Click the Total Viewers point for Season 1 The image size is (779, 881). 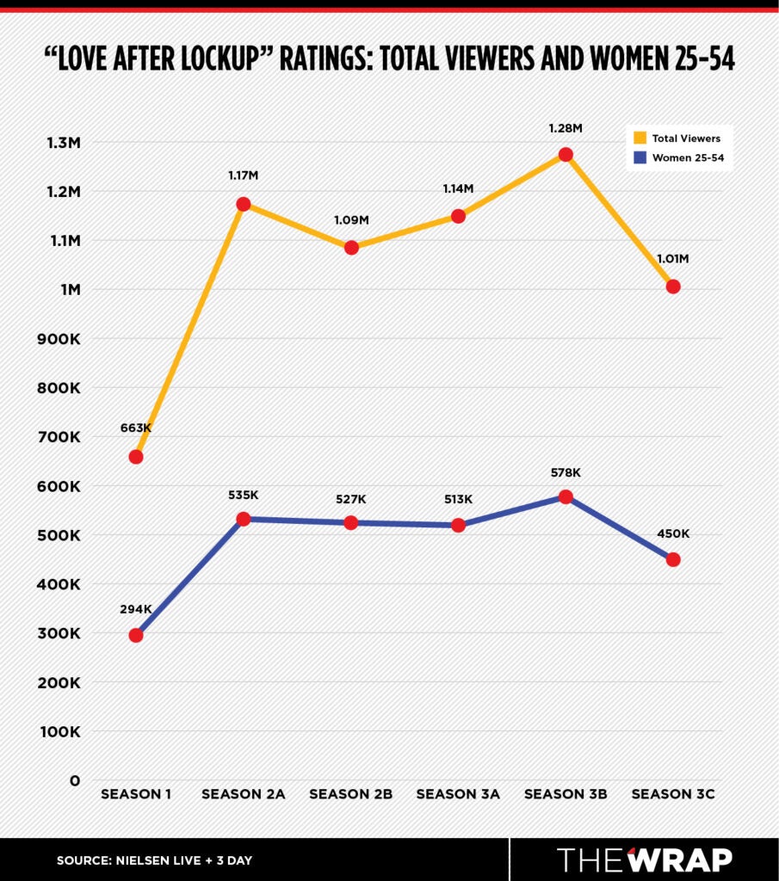(x=136, y=457)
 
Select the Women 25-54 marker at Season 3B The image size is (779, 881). (x=566, y=497)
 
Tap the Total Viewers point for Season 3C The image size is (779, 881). (x=673, y=286)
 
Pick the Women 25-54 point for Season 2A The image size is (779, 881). (x=244, y=519)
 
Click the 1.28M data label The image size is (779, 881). (x=566, y=128)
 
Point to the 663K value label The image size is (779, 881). (x=136, y=428)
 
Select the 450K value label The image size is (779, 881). (x=673, y=533)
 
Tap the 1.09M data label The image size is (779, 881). (x=351, y=220)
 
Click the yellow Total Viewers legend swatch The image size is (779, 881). (x=639, y=138)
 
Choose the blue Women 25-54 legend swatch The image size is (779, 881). (x=639, y=157)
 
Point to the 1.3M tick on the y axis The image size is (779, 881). (x=59, y=143)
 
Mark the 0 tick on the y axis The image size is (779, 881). (x=75, y=781)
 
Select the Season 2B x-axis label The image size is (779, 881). (x=351, y=794)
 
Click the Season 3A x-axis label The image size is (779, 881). (x=458, y=794)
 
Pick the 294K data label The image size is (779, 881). (x=136, y=609)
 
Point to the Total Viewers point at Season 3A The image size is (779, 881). (x=458, y=216)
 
